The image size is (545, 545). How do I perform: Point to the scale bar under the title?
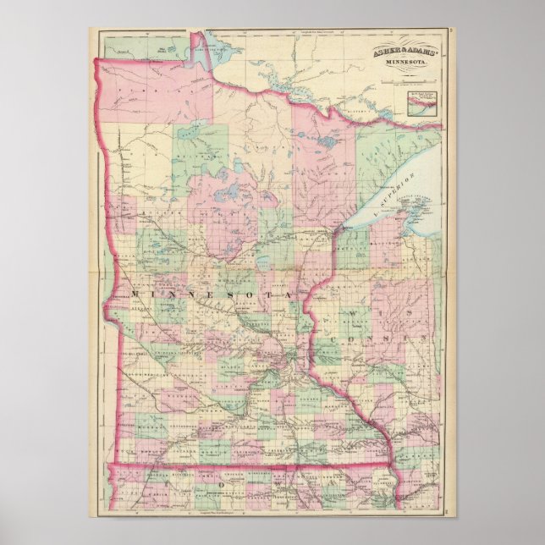click(407, 81)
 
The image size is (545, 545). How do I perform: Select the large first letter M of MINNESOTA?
click(137, 293)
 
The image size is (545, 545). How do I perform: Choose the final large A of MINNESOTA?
click(288, 293)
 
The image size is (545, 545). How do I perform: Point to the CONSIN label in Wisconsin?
click(377, 339)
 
